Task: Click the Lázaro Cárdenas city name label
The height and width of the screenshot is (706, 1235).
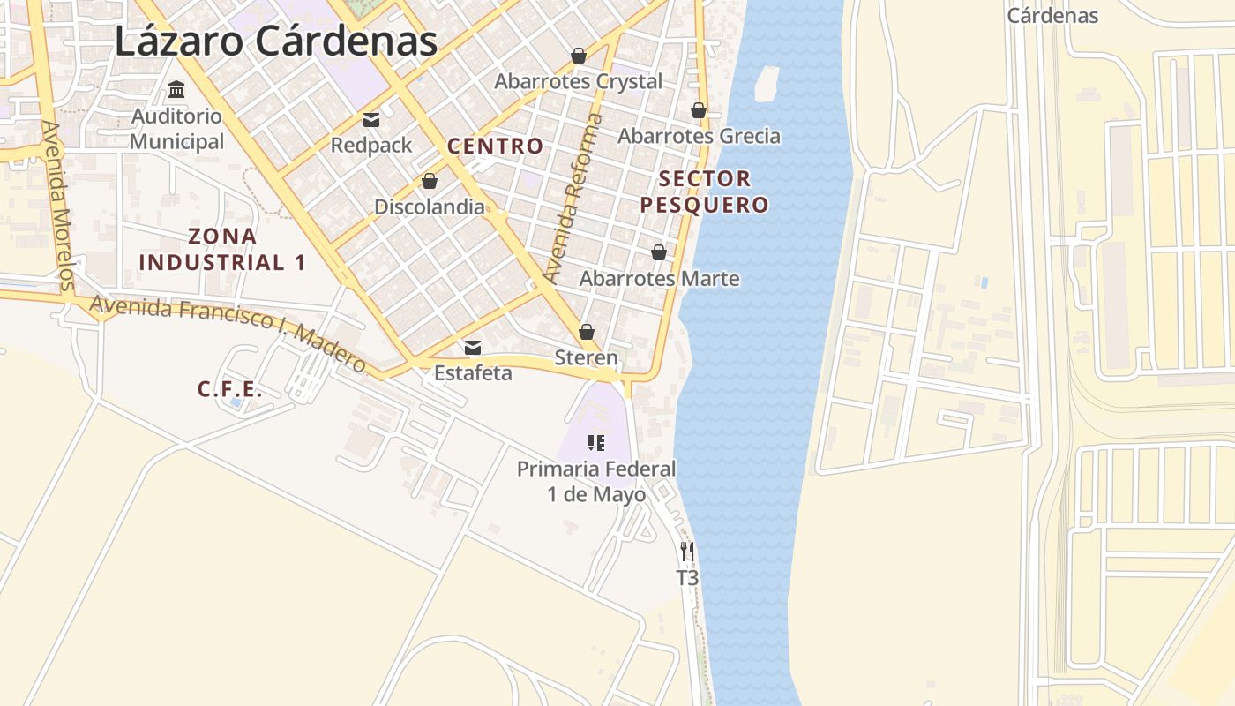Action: pos(276,41)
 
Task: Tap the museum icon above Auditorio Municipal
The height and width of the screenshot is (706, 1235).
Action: pos(176,89)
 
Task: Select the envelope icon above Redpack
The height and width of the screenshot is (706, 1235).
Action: pos(371,120)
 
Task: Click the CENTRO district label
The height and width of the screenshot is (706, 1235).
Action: pos(495,146)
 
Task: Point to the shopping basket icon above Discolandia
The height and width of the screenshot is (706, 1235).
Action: pos(430,181)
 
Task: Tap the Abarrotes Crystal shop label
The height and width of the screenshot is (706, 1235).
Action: pos(578,81)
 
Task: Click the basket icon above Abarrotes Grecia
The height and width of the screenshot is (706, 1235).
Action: pos(699,110)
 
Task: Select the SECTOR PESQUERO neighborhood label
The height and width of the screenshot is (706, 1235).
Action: pos(704,192)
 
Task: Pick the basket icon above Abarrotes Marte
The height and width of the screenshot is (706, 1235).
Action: pos(659,252)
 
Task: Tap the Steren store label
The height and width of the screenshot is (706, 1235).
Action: pos(586,357)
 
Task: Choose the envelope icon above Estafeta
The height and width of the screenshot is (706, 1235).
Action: pos(473,348)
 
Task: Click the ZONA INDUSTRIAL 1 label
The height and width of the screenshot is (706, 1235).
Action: pos(222,249)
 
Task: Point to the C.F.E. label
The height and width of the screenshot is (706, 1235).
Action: pos(229,389)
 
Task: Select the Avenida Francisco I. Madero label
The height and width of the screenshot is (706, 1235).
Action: pos(228,334)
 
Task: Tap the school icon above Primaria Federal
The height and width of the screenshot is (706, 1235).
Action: pos(596,442)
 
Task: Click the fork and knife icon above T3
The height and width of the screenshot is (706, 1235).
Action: pos(687,552)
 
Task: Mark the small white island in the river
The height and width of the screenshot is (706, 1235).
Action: pos(767,84)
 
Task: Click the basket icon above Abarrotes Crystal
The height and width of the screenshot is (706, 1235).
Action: pos(579,56)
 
